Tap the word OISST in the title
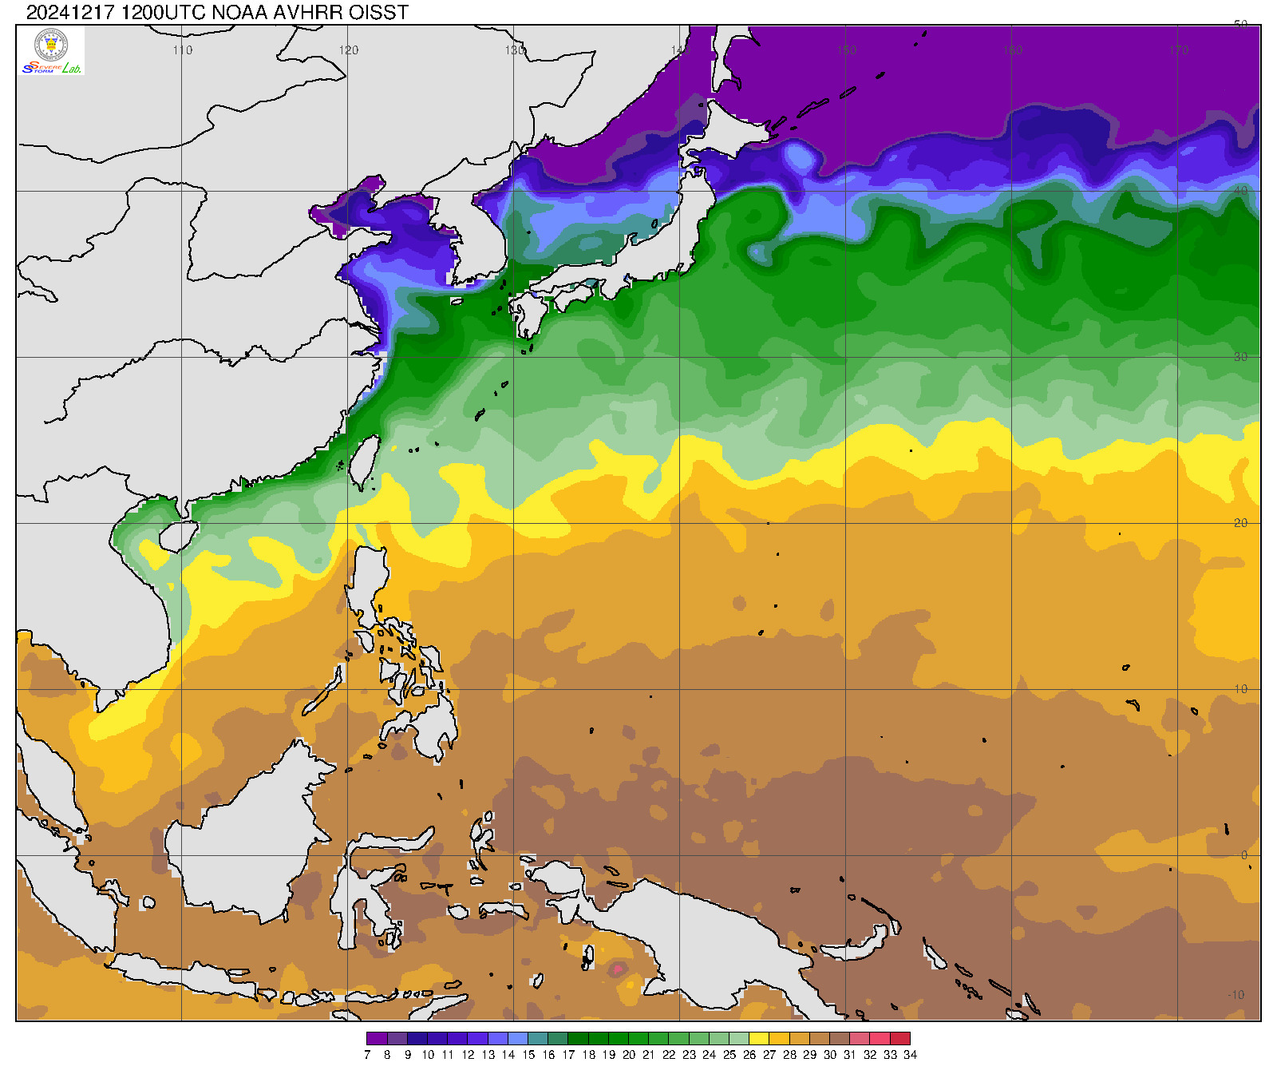379,12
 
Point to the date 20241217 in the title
70,12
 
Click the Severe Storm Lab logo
51,51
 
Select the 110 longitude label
183,50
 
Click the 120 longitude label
349,50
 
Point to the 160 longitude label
1012,50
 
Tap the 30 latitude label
1240,357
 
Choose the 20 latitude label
1240,523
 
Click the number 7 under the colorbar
367,1055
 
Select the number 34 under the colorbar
910,1055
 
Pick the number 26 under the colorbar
749,1055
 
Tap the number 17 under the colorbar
568,1055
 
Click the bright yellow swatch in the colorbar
759,1039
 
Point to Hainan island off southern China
178,536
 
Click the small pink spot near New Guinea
617,969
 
